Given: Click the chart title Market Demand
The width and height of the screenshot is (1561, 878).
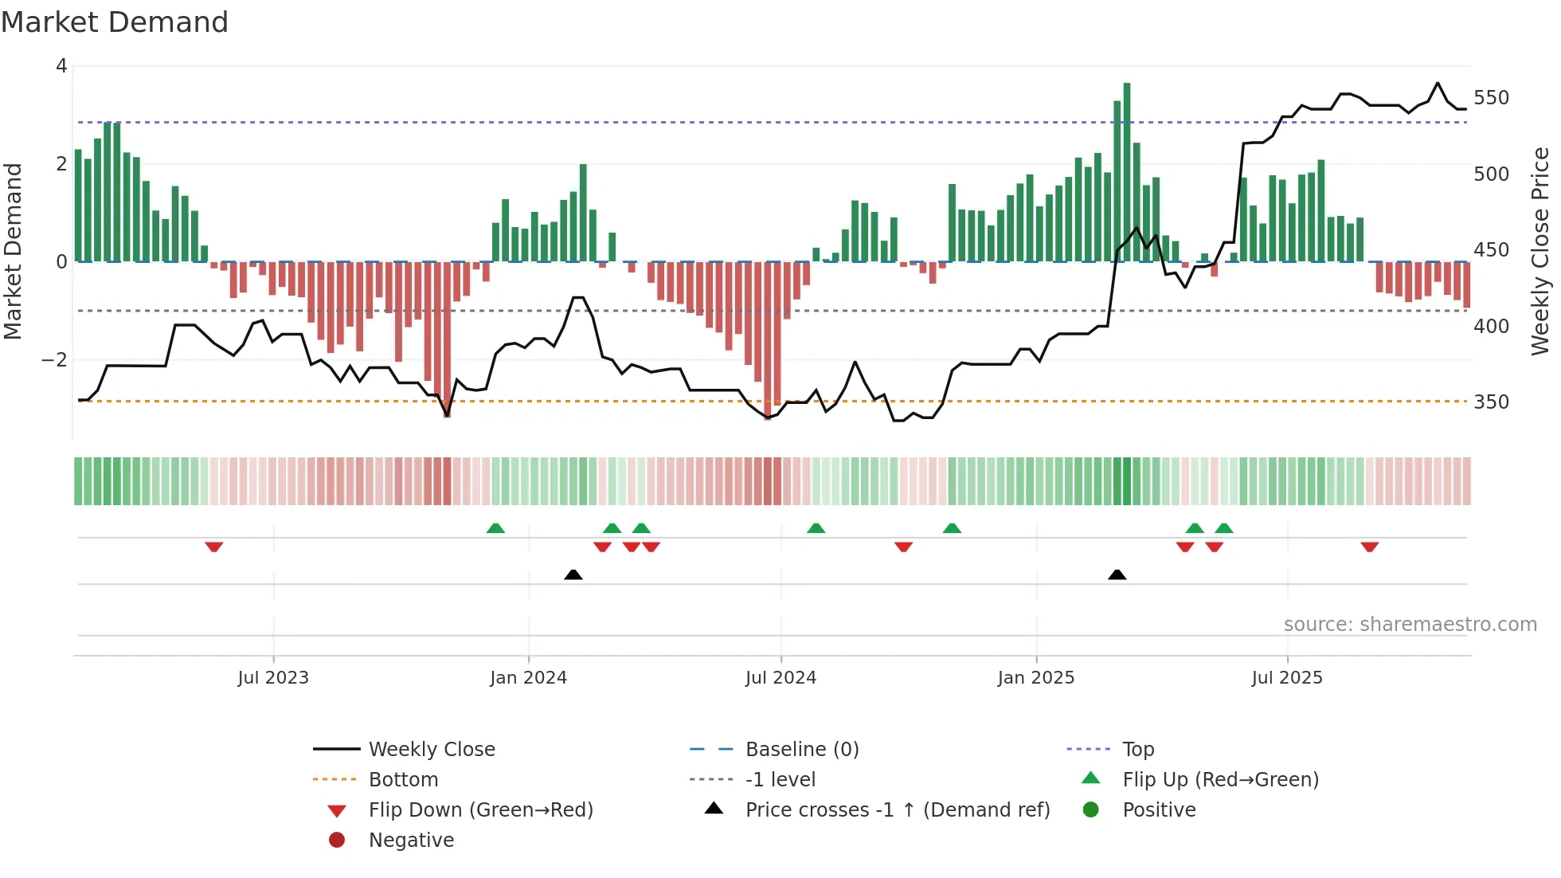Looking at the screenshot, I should pyautogui.click(x=115, y=22).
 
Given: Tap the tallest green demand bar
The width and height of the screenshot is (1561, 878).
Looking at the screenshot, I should pyautogui.click(x=1126, y=171).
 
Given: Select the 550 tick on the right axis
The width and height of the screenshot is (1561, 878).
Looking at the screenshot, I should pyautogui.click(x=1491, y=98).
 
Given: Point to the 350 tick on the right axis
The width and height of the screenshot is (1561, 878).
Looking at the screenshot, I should pyautogui.click(x=1491, y=402).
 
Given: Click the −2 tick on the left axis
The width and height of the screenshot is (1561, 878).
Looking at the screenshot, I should pyautogui.click(x=54, y=360).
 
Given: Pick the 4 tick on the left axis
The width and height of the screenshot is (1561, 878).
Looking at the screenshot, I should pyautogui.click(x=61, y=66).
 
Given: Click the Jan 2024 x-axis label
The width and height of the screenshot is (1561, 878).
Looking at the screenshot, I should pyautogui.click(x=528, y=678).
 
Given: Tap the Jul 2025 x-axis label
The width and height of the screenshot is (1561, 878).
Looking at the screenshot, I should pyautogui.click(x=1286, y=678).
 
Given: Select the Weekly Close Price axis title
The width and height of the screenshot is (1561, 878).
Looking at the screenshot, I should pyautogui.click(x=1540, y=251).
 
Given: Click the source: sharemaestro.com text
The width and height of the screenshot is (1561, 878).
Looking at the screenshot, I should pyautogui.click(x=1410, y=625).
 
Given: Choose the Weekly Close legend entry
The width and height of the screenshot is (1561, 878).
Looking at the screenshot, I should pyautogui.click(x=431, y=750).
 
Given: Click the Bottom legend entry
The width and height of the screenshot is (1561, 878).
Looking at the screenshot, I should pyautogui.click(x=403, y=780).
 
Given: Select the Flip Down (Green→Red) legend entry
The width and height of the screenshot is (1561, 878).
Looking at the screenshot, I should pyautogui.click(x=480, y=810).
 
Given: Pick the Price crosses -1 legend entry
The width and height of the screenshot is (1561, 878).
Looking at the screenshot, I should pyautogui.click(x=897, y=810).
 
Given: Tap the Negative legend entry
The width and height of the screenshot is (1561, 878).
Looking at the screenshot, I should pyautogui.click(x=411, y=841).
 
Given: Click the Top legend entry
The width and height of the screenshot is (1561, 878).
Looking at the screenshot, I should pyautogui.click(x=1137, y=750).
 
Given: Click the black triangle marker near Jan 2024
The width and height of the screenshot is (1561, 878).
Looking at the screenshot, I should pyautogui.click(x=573, y=574).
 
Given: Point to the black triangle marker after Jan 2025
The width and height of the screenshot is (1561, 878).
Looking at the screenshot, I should pyautogui.click(x=1117, y=574).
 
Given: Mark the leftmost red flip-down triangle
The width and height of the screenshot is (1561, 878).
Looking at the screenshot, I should pyautogui.click(x=213, y=547).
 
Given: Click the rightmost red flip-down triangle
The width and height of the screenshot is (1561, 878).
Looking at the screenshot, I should pyautogui.click(x=1369, y=547).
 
